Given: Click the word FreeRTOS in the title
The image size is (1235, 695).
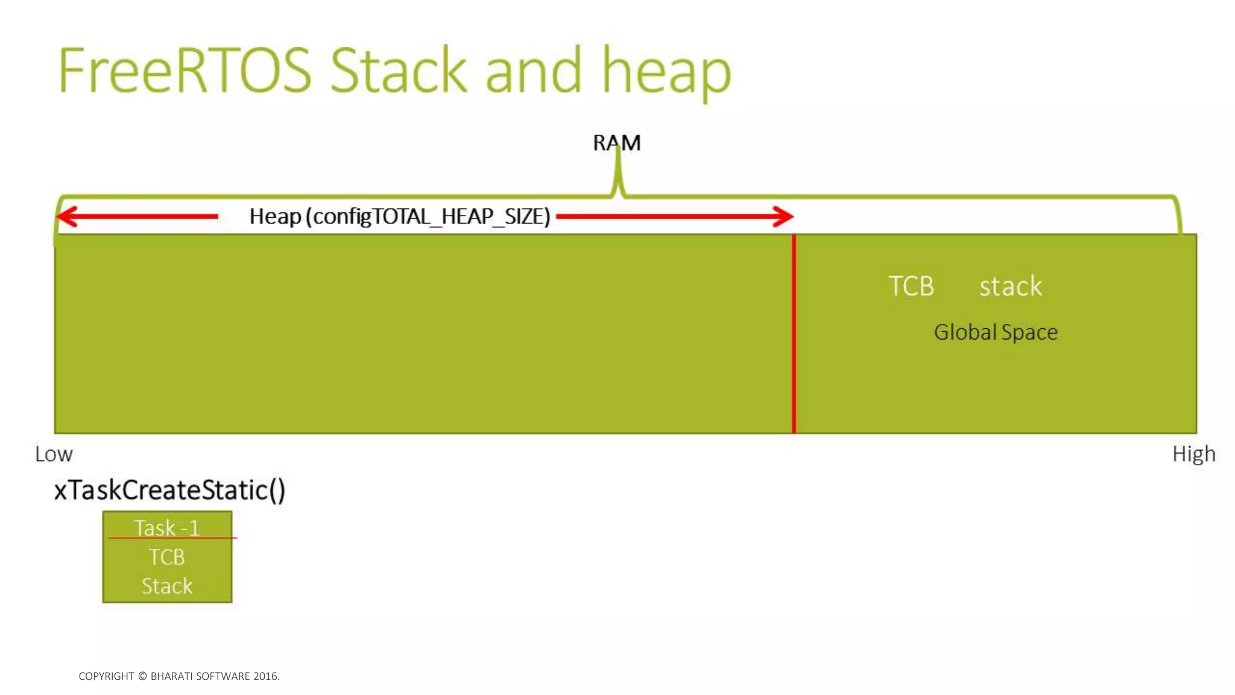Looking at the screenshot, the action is coord(184,71).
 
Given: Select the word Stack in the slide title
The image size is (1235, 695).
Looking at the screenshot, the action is coord(399,71).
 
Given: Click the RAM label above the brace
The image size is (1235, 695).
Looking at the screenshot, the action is coord(616,143).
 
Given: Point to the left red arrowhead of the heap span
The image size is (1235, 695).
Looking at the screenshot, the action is coord(66,216).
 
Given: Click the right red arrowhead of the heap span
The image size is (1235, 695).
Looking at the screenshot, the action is coord(783,216).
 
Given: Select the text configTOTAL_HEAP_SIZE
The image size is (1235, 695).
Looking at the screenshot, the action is coord(431,216).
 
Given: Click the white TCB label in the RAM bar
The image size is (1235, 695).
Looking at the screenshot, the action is coord(911,286).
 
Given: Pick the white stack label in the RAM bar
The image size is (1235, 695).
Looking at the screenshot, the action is coord(1010,286).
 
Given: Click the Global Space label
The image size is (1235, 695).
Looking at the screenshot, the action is coord(996,332).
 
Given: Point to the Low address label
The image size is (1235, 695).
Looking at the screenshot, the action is coord(54,454).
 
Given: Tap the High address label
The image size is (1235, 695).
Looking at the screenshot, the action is coord(1193,454).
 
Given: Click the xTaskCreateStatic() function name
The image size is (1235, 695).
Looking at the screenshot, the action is coord(169,490).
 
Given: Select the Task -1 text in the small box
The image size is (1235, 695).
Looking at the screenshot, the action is coord(166,528).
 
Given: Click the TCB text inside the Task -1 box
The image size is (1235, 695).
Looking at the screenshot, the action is coord(166,557).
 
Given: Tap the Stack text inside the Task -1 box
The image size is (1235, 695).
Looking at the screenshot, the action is coord(167,586).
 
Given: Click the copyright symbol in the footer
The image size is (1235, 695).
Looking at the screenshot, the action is coord(142,676).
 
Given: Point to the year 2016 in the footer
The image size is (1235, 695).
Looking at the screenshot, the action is coord(265,676).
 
